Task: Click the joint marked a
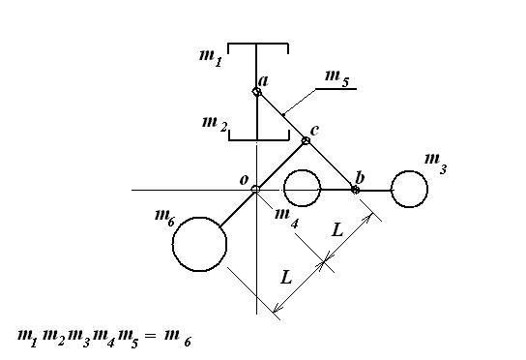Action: coord(256,92)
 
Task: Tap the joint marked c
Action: coord(306,140)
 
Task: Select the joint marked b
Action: coord(355,190)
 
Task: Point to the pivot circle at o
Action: coord(255,190)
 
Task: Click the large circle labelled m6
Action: coord(199,244)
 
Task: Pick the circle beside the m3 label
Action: coord(409,189)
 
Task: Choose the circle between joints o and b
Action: coord(302,188)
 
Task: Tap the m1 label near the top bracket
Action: coord(211,58)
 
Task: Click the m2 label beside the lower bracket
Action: coord(215,124)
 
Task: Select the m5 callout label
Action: coord(337,79)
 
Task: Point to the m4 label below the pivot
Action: coord(286,219)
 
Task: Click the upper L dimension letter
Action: coord(337,230)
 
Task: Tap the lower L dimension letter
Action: coord(286,278)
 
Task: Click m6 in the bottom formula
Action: coord(178,339)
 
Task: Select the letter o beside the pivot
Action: coord(244,180)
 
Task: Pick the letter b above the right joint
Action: coord(360,177)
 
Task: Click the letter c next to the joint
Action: coord(314,131)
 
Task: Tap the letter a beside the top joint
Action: coord(264,81)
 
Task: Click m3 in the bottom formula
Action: coord(79,339)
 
